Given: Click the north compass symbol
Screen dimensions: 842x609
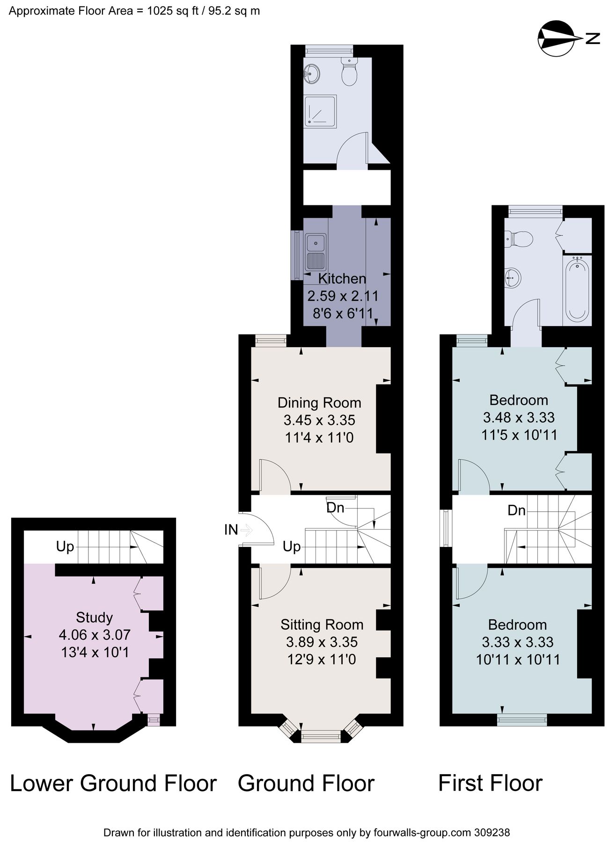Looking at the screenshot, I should pyautogui.click(x=557, y=38).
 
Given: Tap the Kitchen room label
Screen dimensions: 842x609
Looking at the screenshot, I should pyautogui.click(x=342, y=279).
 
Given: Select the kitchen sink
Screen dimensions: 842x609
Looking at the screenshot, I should pyautogui.click(x=316, y=253).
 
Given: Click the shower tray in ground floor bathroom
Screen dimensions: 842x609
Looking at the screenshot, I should pyautogui.click(x=320, y=111).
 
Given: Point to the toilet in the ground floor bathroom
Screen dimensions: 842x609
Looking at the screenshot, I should pyautogui.click(x=349, y=73).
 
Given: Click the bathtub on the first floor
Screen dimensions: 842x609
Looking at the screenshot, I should pyautogui.click(x=578, y=290).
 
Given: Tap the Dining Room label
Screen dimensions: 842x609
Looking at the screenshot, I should pyautogui.click(x=319, y=403).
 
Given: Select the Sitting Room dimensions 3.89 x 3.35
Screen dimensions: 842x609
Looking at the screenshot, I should pyautogui.click(x=322, y=642).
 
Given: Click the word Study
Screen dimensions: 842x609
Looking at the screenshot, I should pyautogui.click(x=94, y=617).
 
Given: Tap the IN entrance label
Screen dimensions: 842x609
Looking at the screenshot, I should pyautogui.click(x=231, y=530).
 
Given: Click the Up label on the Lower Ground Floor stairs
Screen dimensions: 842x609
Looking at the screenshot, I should pyautogui.click(x=65, y=546).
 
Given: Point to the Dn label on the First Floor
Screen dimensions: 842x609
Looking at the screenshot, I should pyautogui.click(x=516, y=510).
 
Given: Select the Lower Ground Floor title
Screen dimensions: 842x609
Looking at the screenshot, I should pyautogui.click(x=113, y=784).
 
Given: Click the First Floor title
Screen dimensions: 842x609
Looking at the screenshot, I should pyautogui.click(x=490, y=783).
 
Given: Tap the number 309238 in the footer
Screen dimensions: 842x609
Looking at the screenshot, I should pyautogui.click(x=492, y=833).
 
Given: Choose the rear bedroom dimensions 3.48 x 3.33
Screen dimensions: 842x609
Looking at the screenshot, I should pyautogui.click(x=519, y=417).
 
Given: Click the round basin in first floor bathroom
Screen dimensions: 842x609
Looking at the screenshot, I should pyautogui.click(x=513, y=277).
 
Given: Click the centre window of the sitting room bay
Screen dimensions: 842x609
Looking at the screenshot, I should pyautogui.click(x=321, y=737).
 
